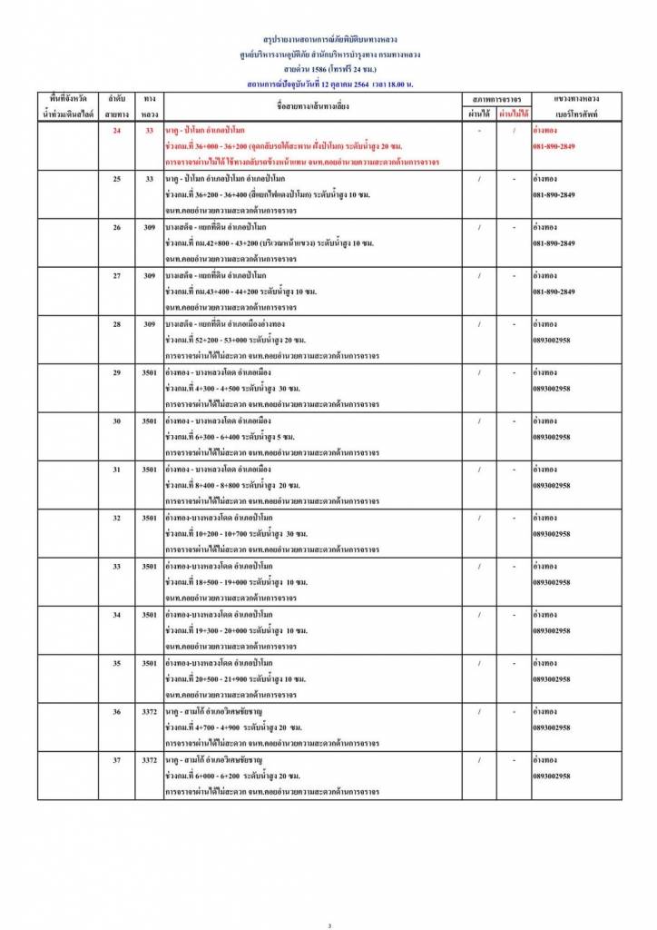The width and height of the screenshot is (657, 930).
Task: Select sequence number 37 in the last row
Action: point(116,759)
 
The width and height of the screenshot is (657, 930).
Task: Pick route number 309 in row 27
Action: point(150,275)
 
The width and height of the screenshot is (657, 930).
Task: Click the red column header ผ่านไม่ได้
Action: point(514,114)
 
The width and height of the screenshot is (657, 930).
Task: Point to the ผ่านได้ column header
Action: point(478,114)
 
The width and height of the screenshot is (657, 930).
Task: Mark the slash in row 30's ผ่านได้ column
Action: point(478,420)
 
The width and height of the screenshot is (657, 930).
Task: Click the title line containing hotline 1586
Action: point(328,69)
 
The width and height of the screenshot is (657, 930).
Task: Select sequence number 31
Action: point(116,469)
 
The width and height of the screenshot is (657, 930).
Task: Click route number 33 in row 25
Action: point(150,179)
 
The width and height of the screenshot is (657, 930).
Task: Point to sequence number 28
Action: point(116,324)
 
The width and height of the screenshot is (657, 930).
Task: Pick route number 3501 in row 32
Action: point(150,518)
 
